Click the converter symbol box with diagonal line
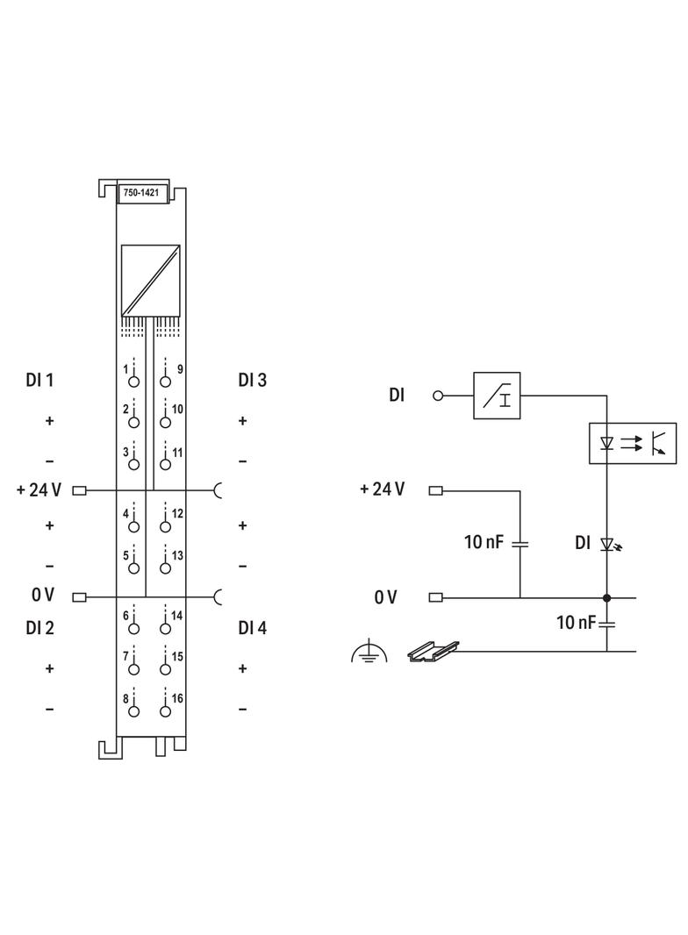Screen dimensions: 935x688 [x=152, y=280]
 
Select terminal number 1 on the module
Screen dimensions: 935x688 [x=133, y=381]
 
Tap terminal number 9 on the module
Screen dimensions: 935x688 [x=164, y=381]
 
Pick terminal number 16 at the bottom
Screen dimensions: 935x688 [x=164, y=709]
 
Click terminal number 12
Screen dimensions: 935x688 [x=164, y=526]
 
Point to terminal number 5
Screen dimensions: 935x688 [x=133, y=567]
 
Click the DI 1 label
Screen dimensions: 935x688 [x=39, y=381]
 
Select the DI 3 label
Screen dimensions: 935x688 [x=253, y=381]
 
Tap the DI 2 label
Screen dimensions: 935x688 [x=40, y=628]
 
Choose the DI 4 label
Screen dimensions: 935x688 [x=253, y=628]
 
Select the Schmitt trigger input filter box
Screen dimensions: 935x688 [x=496, y=396]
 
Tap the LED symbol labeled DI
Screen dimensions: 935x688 [x=606, y=545]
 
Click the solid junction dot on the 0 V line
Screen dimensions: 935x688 [x=606, y=598]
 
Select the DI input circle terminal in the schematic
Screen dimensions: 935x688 [x=438, y=396]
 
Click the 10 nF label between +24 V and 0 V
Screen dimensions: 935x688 [x=484, y=543]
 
